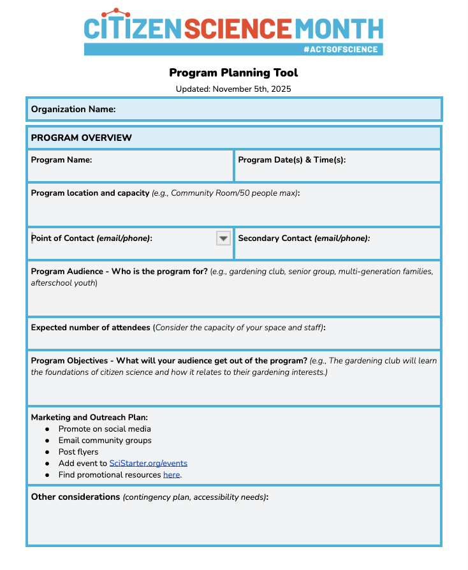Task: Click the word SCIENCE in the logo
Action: [x=238, y=28]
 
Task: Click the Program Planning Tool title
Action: [x=233, y=73]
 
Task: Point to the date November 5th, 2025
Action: [x=252, y=89]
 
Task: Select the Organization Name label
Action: [x=73, y=109]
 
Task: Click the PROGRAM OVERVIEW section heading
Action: [x=82, y=138]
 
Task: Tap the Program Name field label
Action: [x=62, y=160]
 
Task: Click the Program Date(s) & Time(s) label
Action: [x=292, y=160]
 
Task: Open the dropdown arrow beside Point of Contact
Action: [x=223, y=238]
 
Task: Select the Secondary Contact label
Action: [x=303, y=238]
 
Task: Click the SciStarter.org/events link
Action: [x=149, y=464]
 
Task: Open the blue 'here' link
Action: [x=172, y=475]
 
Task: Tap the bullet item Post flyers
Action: [x=78, y=452]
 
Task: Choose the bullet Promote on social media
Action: [x=105, y=429]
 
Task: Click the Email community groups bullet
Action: [x=105, y=441]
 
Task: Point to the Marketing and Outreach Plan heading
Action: [x=89, y=418]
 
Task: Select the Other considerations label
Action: [x=75, y=497]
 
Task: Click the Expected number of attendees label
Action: [x=91, y=328]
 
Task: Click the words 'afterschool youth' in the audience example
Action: [x=64, y=283]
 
